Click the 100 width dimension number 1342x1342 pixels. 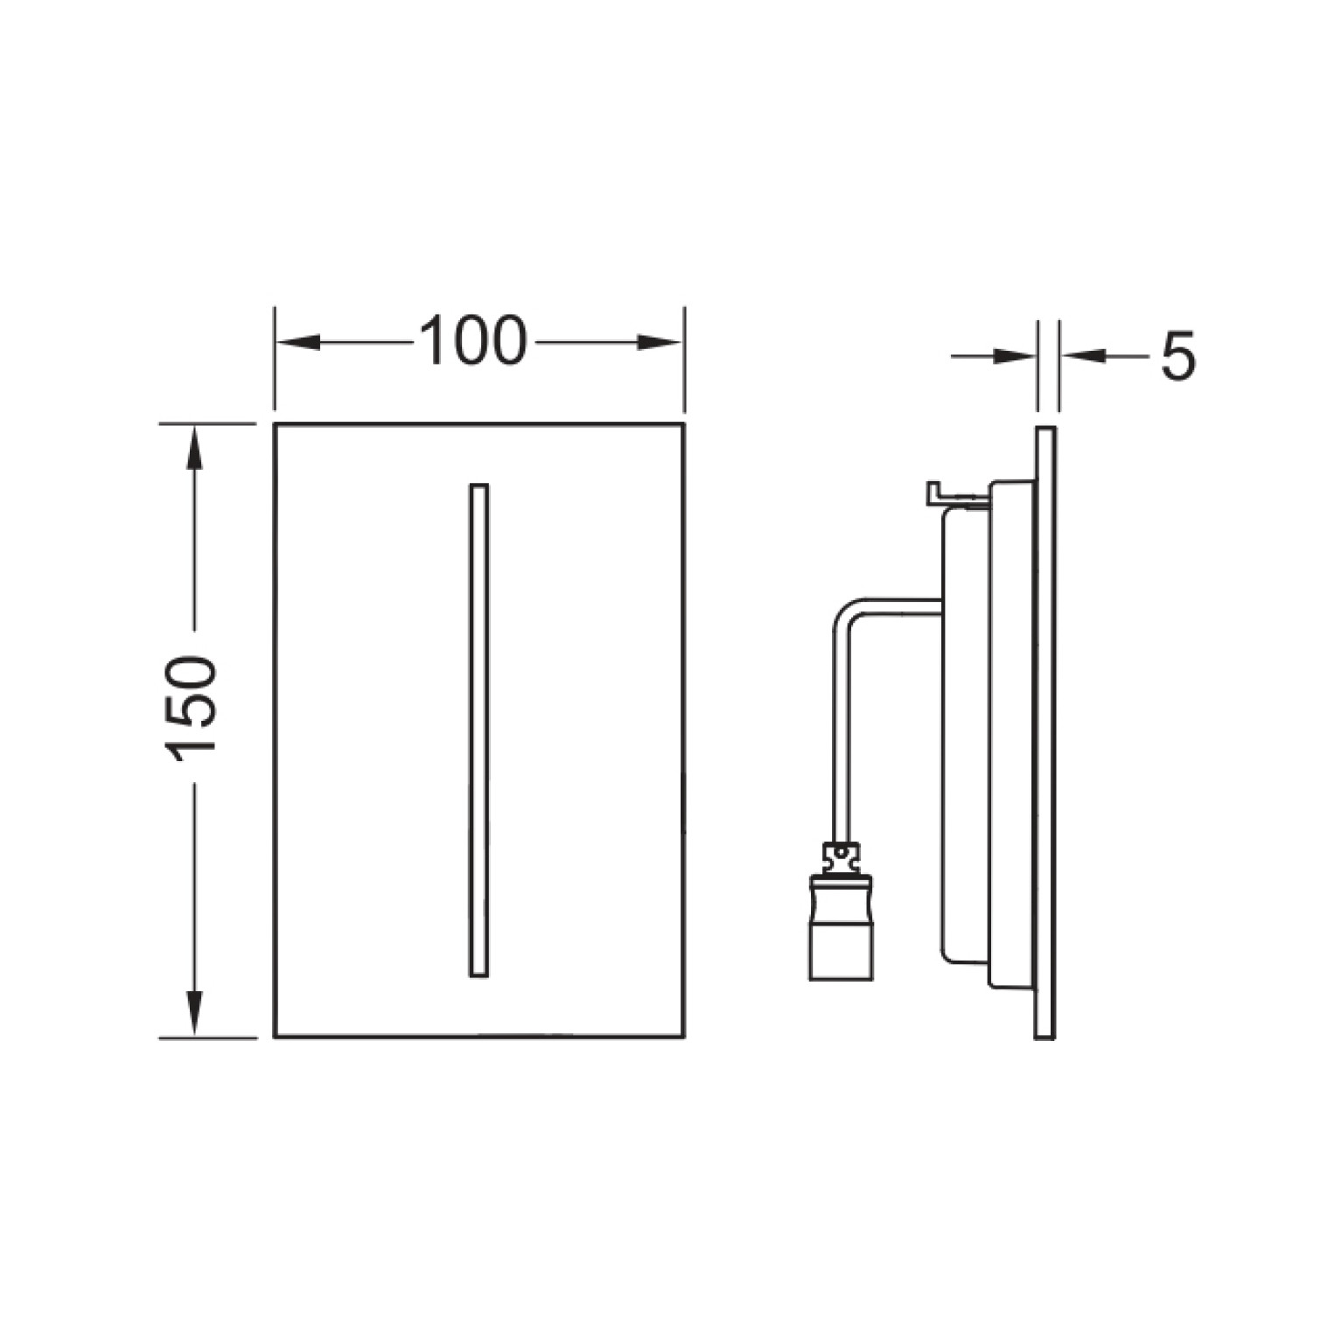(473, 341)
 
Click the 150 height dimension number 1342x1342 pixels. (190, 708)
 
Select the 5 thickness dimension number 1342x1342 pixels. (1177, 357)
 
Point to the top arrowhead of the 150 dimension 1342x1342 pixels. (194, 446)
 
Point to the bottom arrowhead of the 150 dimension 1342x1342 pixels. (194, 1015)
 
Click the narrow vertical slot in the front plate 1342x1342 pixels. (479, 730)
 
